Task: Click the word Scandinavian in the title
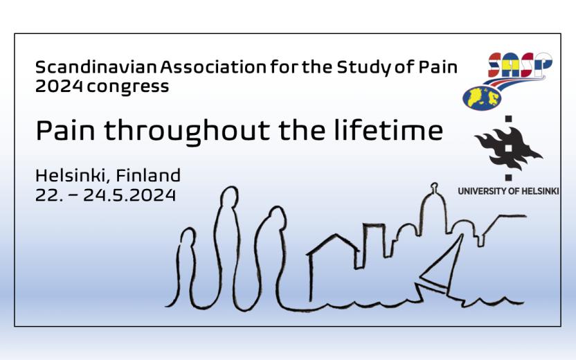[x=96, y=67]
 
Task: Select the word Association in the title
[x=213, y=67]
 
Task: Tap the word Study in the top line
[x=363, y=68]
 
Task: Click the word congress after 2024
[x=128, y=87]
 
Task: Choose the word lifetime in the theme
[x=388, y=129]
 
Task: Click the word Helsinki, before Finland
[x=73, y=176]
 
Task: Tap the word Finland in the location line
[x=148, y=175]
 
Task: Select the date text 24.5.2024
[x=129, y=195]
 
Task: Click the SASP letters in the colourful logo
[x=520, y=65]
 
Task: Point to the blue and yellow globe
[x=482, y=98]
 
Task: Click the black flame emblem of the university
[x=508, y=148]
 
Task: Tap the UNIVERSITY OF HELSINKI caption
[x=508, y=191]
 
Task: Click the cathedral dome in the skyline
[x=434, y=209]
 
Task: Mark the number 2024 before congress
[x=59, y=86]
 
